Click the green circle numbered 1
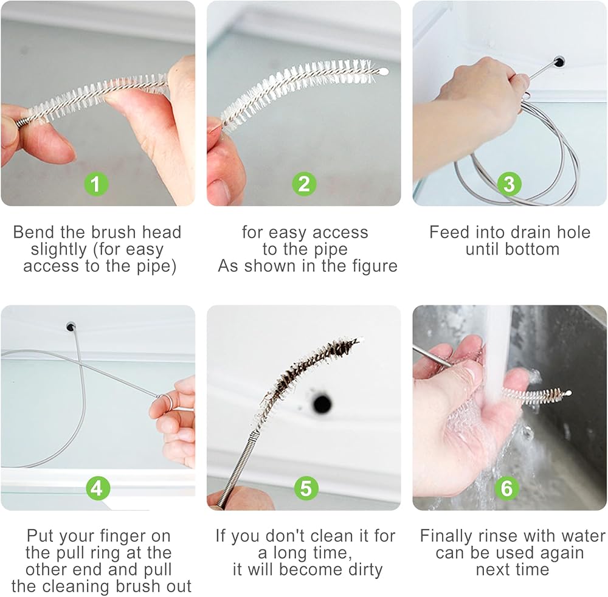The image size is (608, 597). coord(96,184)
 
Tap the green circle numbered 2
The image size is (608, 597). coord(305,184)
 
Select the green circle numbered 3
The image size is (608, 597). coord(509,184)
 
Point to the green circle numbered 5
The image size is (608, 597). coord(306,488)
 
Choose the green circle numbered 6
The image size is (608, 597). coord(507,488)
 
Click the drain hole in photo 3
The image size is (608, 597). coord(559,61)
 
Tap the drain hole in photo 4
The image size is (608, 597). coord(71,326)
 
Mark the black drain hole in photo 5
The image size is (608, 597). coord(322,404)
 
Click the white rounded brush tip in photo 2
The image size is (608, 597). coord(383,72)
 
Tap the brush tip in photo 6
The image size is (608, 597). coord(568,393)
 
